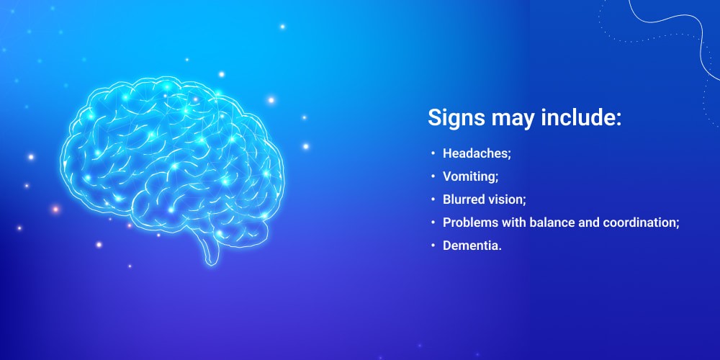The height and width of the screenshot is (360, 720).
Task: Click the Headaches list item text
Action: click(x=477, y=153)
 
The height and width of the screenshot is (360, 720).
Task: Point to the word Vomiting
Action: click(x=470, y=177)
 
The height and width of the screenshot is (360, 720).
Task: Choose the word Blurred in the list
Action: click(x=463, y=199)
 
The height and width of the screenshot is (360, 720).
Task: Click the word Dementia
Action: click(x=472, y=246)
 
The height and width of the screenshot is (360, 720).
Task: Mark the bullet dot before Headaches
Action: click(x=433, y=154)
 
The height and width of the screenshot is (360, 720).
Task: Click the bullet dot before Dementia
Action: click(x=433, y=246)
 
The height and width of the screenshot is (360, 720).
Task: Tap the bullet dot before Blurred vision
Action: click(x=433, y=199)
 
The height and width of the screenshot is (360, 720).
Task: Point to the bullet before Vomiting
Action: click(x=433, y=177)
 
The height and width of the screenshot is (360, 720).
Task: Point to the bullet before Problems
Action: click(x=433, y=222)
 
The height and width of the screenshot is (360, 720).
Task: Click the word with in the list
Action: click(x=513, y=222)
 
